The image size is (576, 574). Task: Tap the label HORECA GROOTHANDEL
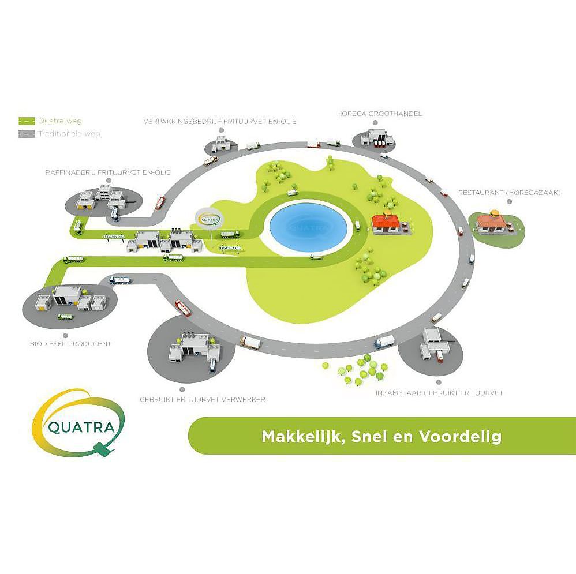379,114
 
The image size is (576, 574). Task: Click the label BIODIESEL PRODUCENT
70,344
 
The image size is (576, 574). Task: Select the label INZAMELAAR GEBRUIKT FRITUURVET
439,393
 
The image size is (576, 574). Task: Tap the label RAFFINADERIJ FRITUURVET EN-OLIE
108,172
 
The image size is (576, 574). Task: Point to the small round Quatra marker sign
207,219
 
